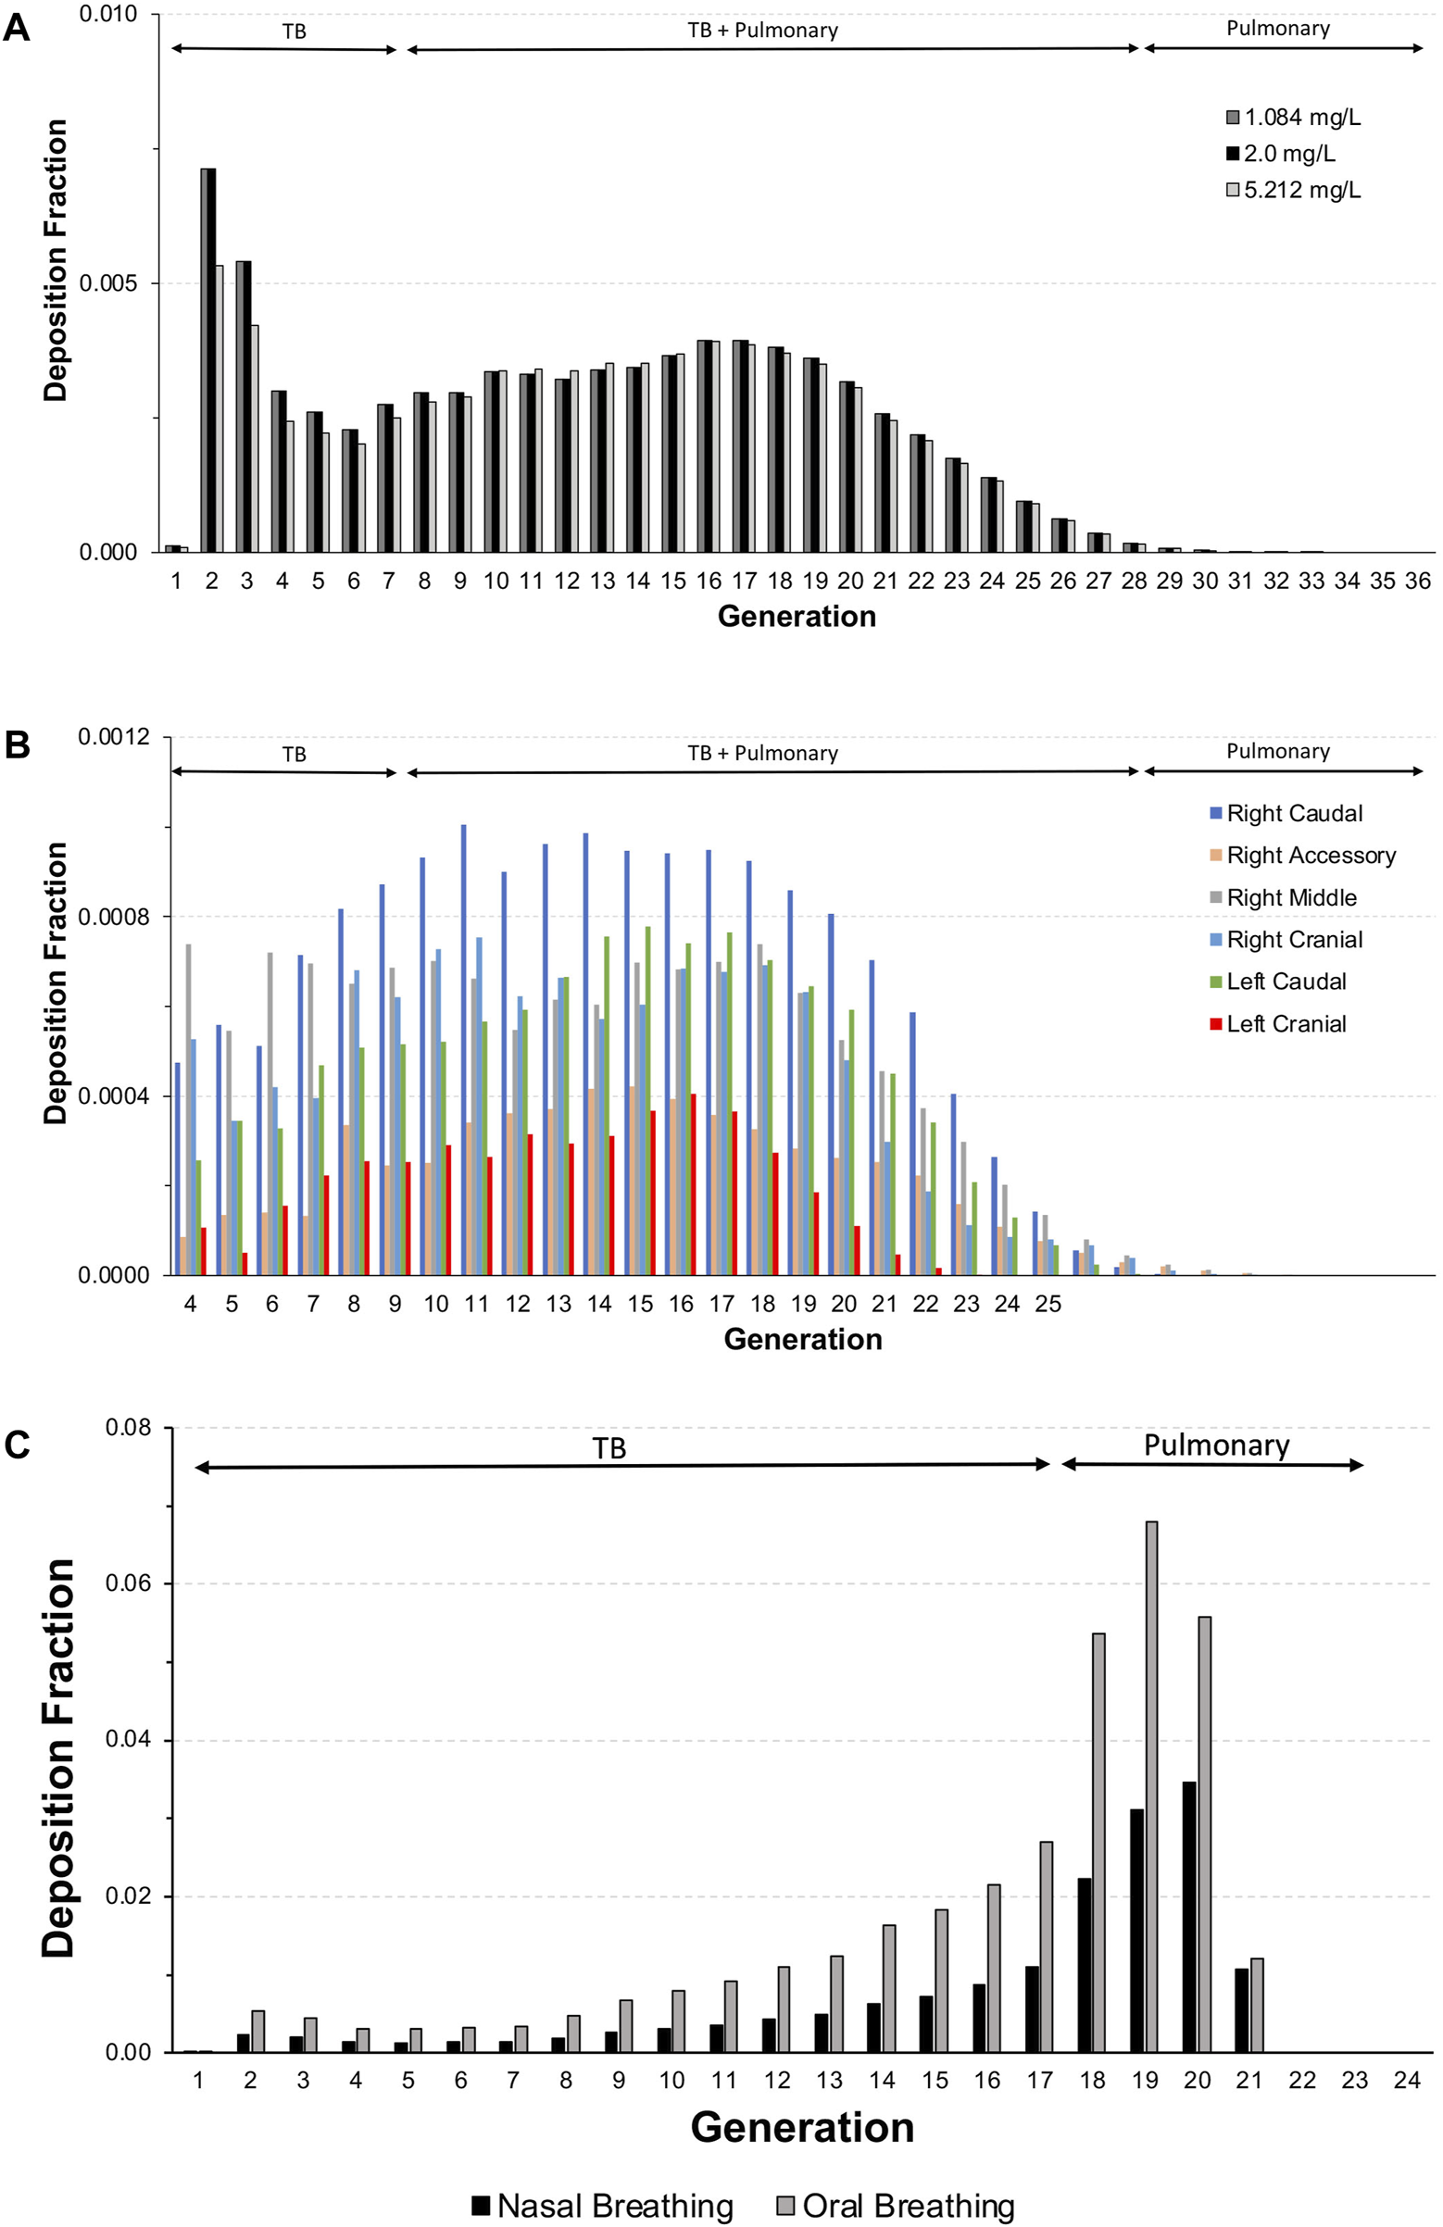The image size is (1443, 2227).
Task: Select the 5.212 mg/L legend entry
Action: pos(1291,190)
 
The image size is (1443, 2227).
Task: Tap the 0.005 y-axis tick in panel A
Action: pos(107,283)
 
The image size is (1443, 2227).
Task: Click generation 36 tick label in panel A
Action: pos(1418,582)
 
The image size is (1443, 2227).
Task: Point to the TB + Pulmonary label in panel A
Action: pos(762,31)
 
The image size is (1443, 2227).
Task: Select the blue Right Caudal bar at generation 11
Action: pos(463,1048)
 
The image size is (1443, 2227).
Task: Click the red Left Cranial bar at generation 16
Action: pos(693,1183)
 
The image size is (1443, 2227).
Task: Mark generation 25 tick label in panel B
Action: pos(1048,1305)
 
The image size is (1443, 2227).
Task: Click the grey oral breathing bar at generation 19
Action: pos(1151,1787)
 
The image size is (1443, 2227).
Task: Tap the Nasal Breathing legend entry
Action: pos(603,2206)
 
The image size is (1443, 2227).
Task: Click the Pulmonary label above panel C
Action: pos(1216,1445)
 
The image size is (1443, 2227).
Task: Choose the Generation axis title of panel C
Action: pos(802,2127)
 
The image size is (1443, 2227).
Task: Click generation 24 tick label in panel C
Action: pos(1407,2080)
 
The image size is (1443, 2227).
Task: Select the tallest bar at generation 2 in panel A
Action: pos(207,360)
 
